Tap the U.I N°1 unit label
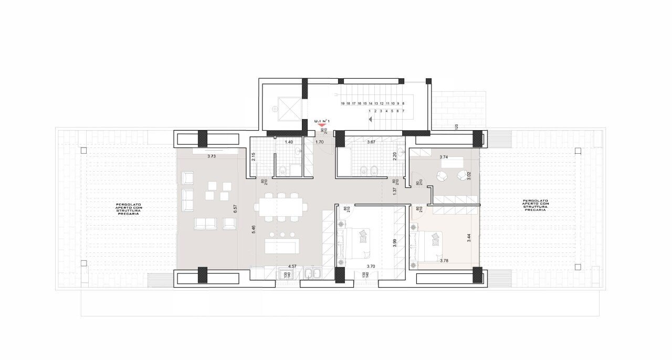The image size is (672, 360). (321, 121)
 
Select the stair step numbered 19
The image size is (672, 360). (342, 104)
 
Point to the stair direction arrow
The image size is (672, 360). (370, 119)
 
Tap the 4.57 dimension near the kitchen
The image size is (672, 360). (292, 267)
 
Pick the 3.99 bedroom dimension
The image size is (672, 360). (394, 243)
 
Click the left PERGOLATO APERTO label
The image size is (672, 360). (129, 209)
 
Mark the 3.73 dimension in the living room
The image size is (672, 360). (212, 156)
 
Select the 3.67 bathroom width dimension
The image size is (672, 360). (371, 142)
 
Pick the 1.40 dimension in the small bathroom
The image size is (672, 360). (288, 142)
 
